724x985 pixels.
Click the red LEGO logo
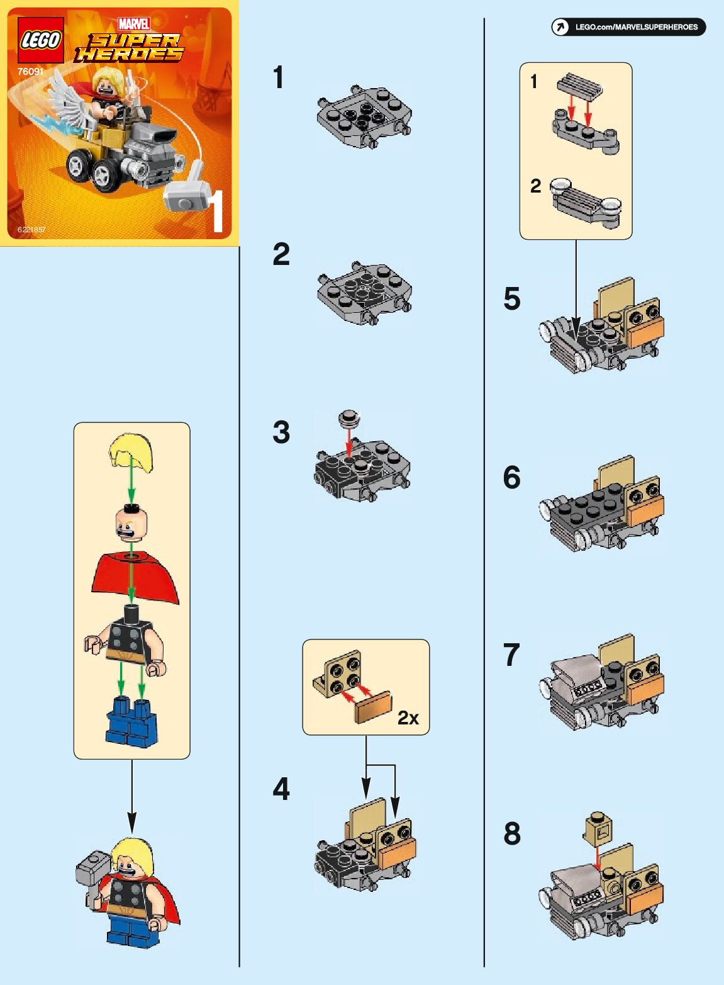pyautogui.click(x=40, y=40)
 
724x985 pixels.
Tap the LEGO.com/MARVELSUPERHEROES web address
pyautogui.click(x=635, y=27)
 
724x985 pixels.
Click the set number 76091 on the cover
pyautogui.click(x=30, y=72)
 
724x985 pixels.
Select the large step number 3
pyautogui.click(x=281, y=432)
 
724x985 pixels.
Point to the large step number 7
pyautogui.click(x=511, y=655)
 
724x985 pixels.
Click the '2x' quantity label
pyautogui.click(x=408, y=718)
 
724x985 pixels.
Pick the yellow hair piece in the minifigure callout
pyautogui.click(x=131, y=452)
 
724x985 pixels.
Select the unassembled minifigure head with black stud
pyautogui.click(x=131, y=524)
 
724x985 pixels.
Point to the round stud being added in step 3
pyautogui.click(x=348, y=418)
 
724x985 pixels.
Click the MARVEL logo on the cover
pyautogui.click(x=134, y=24)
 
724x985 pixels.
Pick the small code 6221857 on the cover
pyautogui.click(x=31, y=230)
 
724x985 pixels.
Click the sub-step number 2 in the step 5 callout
pyautogui.click(x=535, y=186)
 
